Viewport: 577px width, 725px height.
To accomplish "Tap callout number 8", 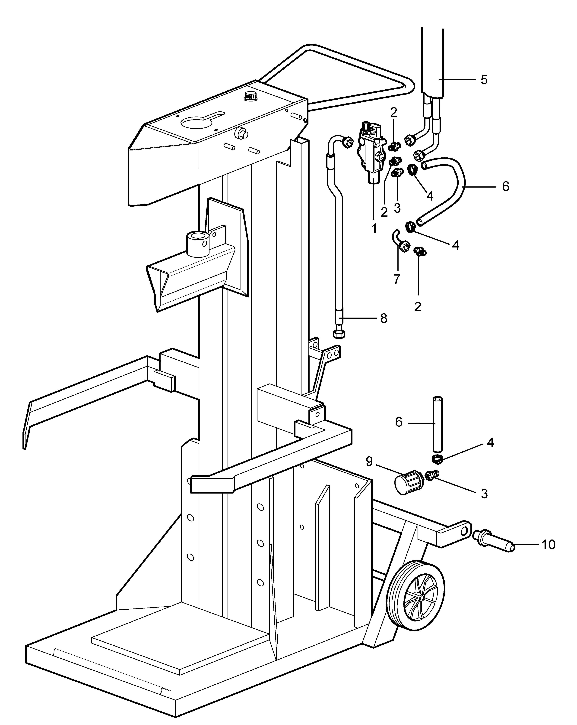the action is point(384,318).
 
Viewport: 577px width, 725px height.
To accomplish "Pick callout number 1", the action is point(374,229).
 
